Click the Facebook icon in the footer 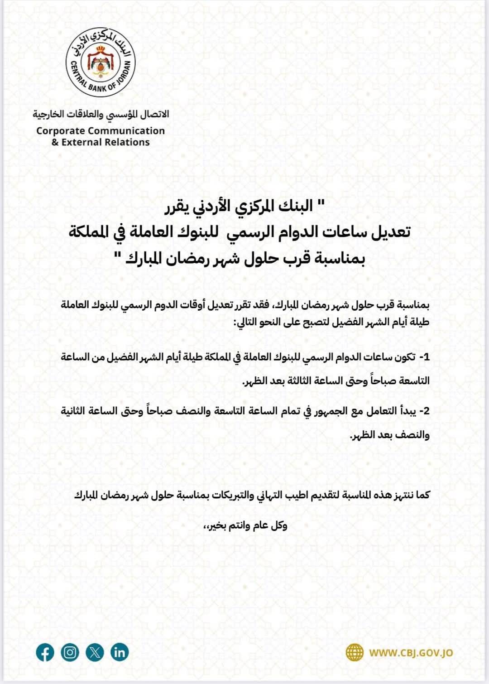pos(45,653)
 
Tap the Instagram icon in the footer pos(70,653)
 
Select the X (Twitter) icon pos(95,653)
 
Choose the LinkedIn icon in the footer pos(120,653)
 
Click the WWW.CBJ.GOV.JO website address pos(411,653)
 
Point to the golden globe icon pos(355,653)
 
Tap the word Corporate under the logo pos(61,131)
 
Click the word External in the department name pos(82,142)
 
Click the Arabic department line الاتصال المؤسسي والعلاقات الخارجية pos(101,114)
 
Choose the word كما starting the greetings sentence pos(422,495)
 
